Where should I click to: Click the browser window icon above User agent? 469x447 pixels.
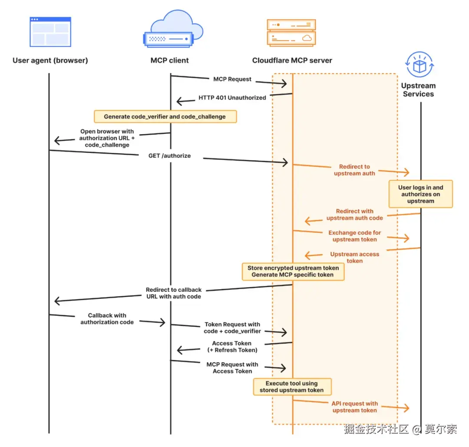(x=50, y=32)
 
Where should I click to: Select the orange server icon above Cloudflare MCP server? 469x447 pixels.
(x=291, y=33)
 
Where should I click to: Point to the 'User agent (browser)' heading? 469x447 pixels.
(x=50, y=60)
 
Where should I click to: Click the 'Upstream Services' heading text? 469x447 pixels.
(x=418, y=90)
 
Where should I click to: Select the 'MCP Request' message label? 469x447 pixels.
(x=232, y=79)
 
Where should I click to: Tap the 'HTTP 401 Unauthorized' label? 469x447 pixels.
(x=232, y=98)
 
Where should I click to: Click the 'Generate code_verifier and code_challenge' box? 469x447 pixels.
(x=165, y=116)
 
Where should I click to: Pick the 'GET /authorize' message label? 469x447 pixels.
(x=169, y=156)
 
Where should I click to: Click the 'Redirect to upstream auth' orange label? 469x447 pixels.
(x=354, y=170)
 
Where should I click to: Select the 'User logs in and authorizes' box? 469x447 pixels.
(x=420, y=194)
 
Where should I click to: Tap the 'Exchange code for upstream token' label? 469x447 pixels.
(x=354, y=236)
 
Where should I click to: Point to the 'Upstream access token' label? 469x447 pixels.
(x=354, y=258)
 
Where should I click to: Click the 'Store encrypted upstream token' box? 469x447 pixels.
(x=293, y=272)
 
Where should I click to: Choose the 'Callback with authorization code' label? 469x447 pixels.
(x=107, y=319)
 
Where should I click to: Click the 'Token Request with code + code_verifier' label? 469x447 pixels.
(x=232, y=328)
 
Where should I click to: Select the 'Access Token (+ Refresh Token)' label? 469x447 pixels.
(x=231, y=347)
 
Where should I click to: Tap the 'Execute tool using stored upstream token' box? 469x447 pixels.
(x=292, y=387)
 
